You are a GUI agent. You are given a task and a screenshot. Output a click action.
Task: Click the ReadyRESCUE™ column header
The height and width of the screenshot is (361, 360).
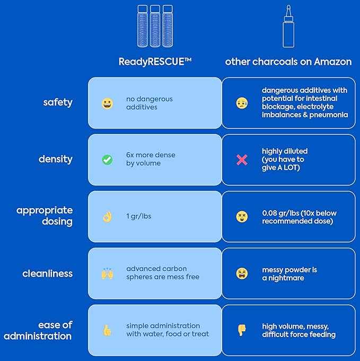(155, 62)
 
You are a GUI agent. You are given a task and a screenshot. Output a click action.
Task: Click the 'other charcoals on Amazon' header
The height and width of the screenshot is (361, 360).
(288, 62)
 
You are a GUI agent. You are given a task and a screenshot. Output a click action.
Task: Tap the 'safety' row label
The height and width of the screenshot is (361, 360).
(58, 102)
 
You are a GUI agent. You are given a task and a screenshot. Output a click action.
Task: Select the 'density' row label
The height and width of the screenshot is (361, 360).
(56, 159)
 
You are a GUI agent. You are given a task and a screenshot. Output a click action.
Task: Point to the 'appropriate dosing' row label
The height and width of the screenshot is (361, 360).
(45, 216)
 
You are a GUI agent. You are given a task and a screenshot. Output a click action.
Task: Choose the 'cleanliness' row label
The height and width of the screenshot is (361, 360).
(48, 273)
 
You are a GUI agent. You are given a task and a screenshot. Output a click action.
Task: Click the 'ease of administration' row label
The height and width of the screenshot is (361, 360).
(38, 330)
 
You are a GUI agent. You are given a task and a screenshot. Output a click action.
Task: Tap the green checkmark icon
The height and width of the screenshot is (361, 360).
(107, 159)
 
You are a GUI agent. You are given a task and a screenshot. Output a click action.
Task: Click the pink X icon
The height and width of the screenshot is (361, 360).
(242, 159)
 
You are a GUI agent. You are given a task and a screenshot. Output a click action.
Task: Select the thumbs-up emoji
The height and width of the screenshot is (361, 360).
(107, 330)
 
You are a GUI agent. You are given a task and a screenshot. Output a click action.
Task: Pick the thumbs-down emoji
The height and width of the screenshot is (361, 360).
(242, 330)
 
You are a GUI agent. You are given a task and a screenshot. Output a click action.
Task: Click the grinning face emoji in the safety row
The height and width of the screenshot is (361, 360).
(107, 103)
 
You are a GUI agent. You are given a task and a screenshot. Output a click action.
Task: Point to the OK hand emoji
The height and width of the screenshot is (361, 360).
(107, 217)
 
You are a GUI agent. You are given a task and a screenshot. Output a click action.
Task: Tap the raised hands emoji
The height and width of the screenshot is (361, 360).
(107, 273)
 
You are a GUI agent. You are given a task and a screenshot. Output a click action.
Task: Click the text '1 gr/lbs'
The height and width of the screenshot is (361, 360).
(138, 216)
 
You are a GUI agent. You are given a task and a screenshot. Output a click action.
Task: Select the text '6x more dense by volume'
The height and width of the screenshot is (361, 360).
(151, 159)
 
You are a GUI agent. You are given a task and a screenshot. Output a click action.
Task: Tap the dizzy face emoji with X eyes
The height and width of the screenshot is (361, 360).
(242, 217)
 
